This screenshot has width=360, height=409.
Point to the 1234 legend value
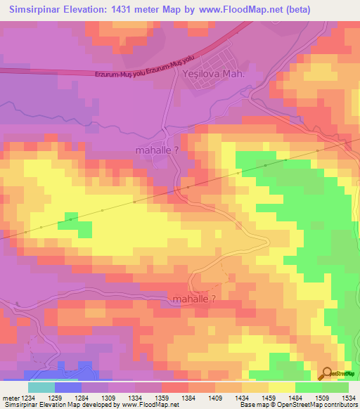coord(28,397)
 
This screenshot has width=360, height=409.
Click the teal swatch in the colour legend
coord(41,387)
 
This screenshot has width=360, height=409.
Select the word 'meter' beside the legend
coord(10,397)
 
